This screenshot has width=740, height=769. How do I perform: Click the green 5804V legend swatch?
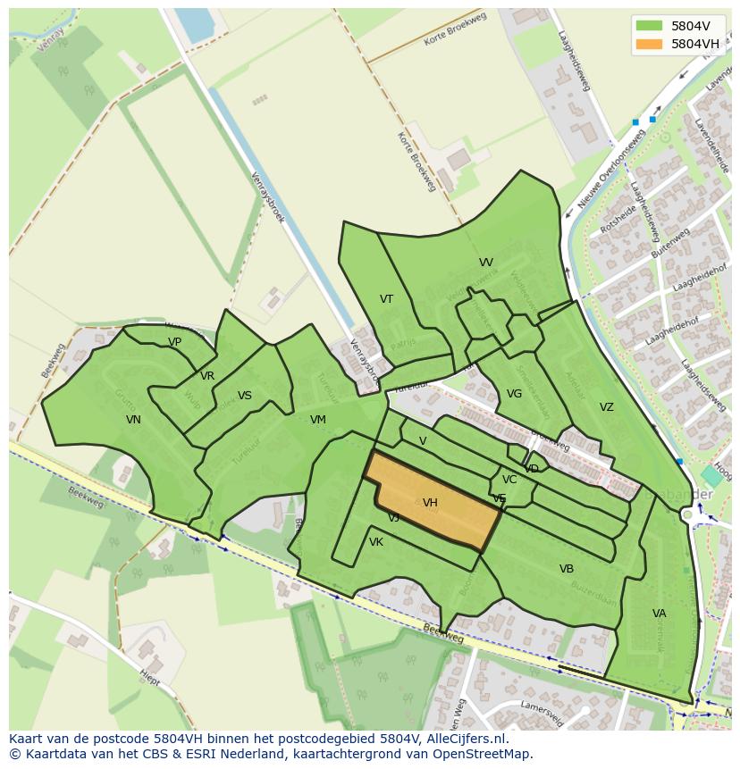click(650, 26)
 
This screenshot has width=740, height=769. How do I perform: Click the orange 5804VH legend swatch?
click(650, 44)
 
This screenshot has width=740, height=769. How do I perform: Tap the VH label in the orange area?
click(430, 503)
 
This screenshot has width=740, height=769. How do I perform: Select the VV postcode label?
click(486, 263)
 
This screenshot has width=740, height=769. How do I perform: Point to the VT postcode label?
click(386, 299)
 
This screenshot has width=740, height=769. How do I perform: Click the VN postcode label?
click(133, 420)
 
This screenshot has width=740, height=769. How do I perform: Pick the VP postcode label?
click(174, 342)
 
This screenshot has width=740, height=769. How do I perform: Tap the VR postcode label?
click(207, 376)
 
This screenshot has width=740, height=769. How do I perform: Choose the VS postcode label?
click(245, 396)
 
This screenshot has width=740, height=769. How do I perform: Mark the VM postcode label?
click(318, 420)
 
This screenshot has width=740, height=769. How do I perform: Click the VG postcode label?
click(514, 394)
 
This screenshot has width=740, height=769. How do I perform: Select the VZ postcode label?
click(607, 407)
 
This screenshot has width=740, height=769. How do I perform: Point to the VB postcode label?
click(567, 569)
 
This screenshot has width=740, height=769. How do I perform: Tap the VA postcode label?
click(660, 614)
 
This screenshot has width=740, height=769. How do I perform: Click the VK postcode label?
click(376, 542)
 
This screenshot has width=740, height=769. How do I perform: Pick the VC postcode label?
click(509, 480)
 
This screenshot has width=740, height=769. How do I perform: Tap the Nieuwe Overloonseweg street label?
click(611, 169)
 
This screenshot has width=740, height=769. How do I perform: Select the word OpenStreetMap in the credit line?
click(487, 754)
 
